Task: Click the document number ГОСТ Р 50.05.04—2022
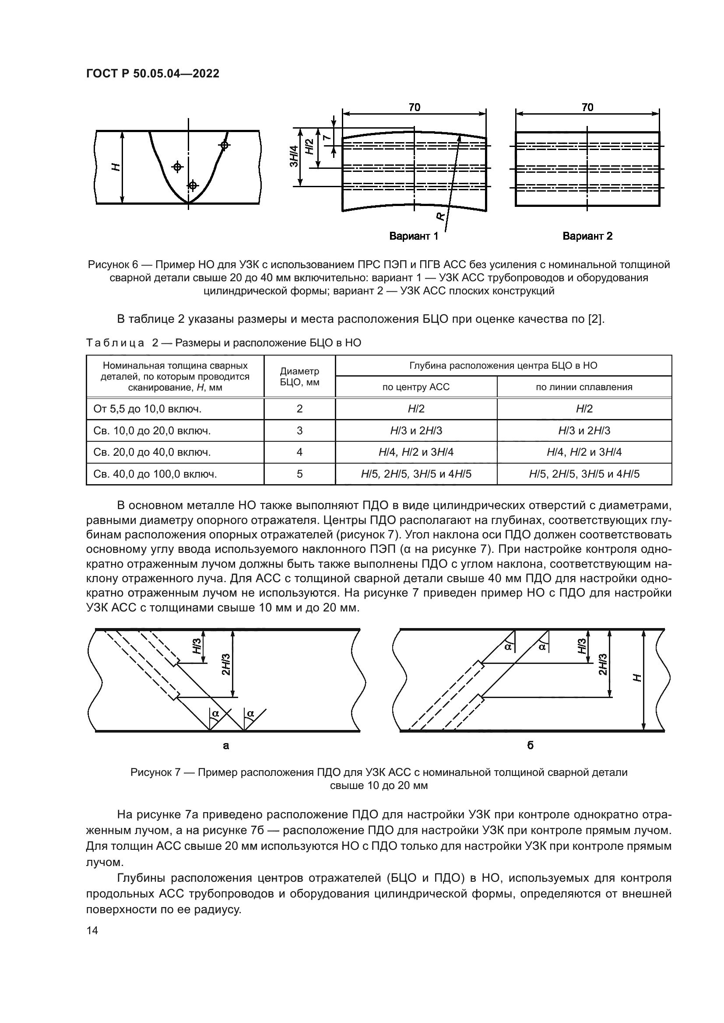pos(152,74)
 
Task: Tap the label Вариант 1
pos(414,236)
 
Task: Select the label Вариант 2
pos(587,236)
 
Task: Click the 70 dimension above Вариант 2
pos(587,108)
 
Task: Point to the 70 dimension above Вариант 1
pos(414,108)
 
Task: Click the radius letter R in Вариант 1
pos(440,216)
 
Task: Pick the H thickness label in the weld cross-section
pos(116,167)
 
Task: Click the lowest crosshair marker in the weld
pos(192,185)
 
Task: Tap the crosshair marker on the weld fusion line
pos(224,145)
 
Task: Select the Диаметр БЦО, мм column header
pos(299,377)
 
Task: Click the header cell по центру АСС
pos(416,387)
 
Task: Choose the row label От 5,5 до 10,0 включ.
pos(148,409)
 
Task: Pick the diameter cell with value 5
pos(299,474)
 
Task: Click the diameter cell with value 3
pos(299,431)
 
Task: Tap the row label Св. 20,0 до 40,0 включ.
pos(152,452)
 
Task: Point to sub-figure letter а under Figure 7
pos(226,745)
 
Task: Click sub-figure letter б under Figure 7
pos(530,745)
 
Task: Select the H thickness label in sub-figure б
pos(638,677)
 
